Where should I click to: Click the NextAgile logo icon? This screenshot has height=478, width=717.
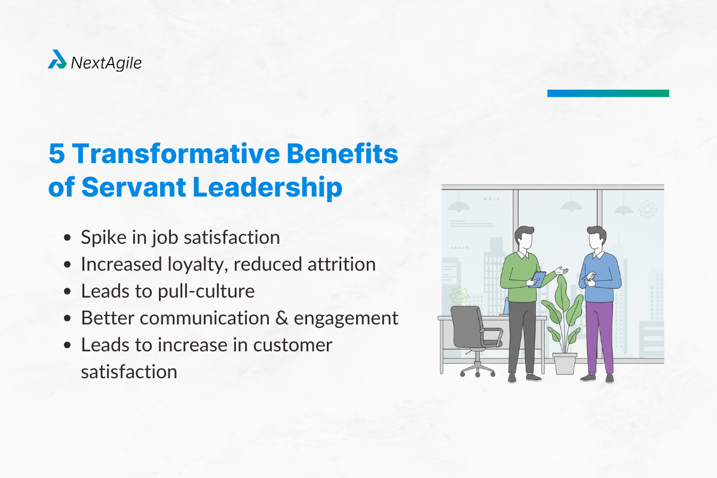(x=57, y=59)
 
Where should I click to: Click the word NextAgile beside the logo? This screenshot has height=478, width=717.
(x=106, y=62)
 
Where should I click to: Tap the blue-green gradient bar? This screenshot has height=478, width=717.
(x=608, y=93)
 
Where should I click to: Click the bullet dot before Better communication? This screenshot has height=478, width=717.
(x=69, y=318)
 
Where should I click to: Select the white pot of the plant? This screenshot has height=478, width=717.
(x=564, y=363)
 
